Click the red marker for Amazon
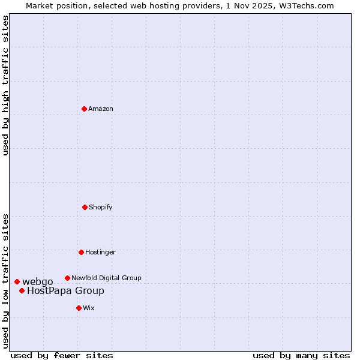(x=84, y=109)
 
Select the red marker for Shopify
(x=85, y=207)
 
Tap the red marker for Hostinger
(x=81, y=252)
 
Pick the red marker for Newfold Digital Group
(x=67, y=278)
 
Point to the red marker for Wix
(x=79, y=308)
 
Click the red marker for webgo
(x=17, y=281)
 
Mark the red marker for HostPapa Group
(x=22, y=290)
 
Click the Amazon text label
(x=101, y=109)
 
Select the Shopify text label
(x=101, y=207)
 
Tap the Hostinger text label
(x=100, y=252)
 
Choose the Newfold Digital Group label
(x=106, y=278)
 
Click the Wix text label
(x=89, y=308)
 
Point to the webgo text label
(x=38, y=281)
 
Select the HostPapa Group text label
(x=65, y=291)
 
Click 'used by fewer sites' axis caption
(x=62, y=355)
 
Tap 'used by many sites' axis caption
(x=301, y=355)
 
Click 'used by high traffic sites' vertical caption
(x=5, y=85)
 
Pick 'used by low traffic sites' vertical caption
(x=5, y=280)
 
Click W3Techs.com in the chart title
(x=309, y=5)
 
